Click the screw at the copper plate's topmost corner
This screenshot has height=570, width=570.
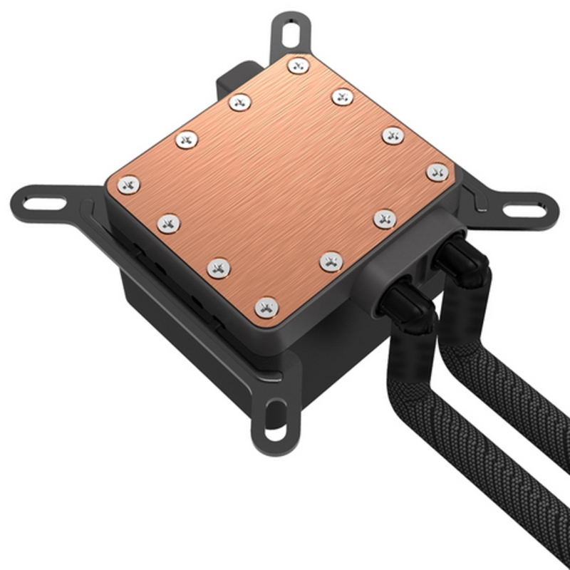297,66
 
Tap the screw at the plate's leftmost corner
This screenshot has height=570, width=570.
129,185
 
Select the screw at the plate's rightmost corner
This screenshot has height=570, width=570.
437,172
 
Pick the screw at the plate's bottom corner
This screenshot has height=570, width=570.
266,307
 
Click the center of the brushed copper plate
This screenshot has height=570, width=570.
281,185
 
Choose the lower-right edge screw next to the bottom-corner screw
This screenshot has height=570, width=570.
331,261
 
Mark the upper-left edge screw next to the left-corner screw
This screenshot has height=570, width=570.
186,140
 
